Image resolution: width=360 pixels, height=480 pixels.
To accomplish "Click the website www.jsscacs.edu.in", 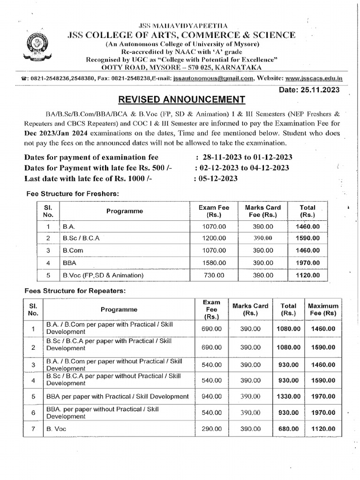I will (313, 79).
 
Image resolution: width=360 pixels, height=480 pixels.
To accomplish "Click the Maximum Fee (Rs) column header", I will (323, 309).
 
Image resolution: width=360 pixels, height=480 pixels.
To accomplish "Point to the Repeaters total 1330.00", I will (288, 396).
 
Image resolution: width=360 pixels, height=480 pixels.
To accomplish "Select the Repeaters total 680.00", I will (288, 428).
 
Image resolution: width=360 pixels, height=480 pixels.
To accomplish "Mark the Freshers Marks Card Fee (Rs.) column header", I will (263, 211).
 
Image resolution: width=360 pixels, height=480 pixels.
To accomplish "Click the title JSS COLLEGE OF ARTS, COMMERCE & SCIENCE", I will (182, 36).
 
